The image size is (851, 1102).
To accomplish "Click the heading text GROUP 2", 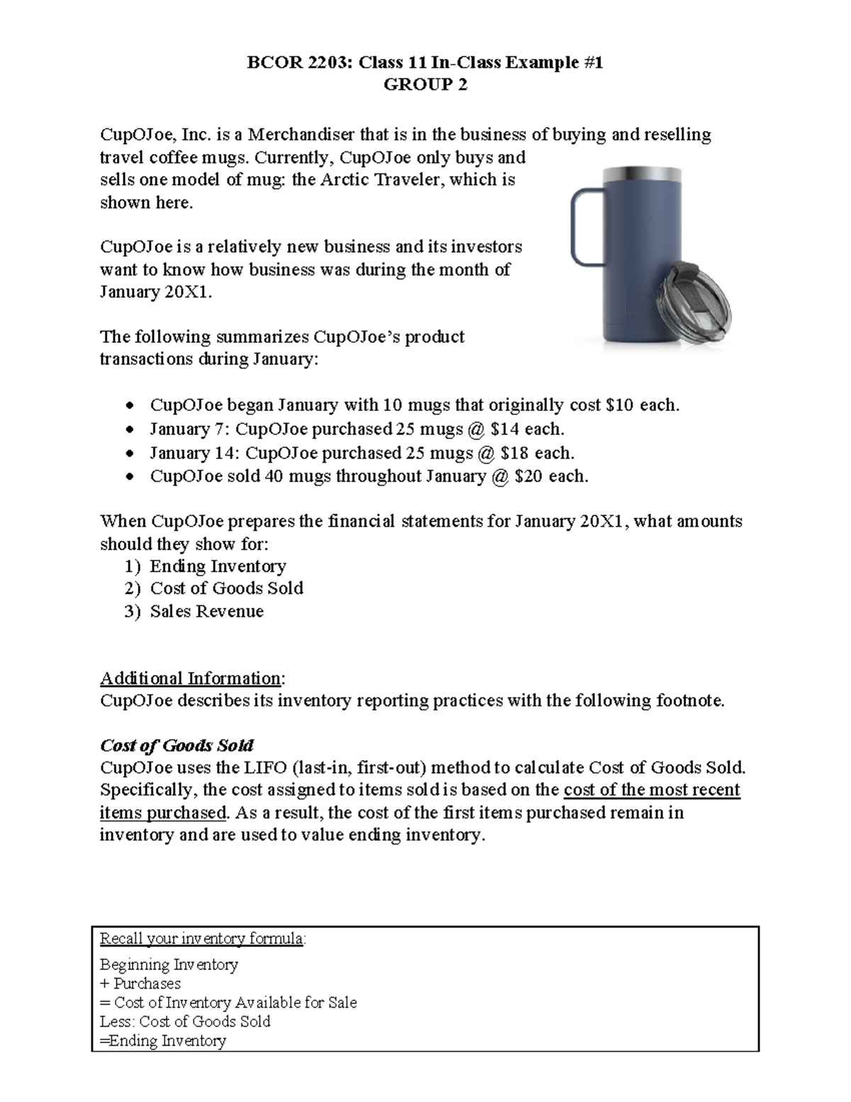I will [425, 85].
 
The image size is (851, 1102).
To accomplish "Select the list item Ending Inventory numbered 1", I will [218, 566].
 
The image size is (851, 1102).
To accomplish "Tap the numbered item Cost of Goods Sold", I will [226, 588].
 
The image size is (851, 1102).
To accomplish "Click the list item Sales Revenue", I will [206, 612].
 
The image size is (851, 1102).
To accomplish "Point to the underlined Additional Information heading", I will [191, 678].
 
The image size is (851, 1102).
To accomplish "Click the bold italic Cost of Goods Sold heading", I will [177, 746].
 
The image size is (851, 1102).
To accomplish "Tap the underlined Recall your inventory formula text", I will [202, 939].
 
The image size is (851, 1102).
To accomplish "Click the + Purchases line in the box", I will [140, 983].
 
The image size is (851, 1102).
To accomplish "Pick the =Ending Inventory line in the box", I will [163, 1041].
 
